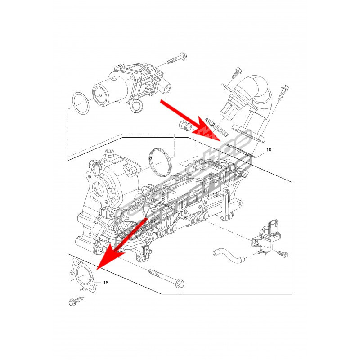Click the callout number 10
pyautogui.click(x=269, y=150)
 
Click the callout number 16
pyautogui.click(x=106, y=283)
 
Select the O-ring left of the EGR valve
pyautogui.click(x=81, y=103)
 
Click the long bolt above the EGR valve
pyautogui.click(x=176, y=58)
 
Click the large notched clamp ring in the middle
pyautogui.click(x=161, y=162)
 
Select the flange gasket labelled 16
pyautogui.click(x=83, y=275)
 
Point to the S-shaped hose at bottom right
pyautogui.click(x=229, y=256)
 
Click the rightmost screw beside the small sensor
pyautogui.click(x=283, y=254)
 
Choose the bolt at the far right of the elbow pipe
pyautogui.click(x=283, y=93)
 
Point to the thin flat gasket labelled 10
pyautogui.click(x=240, y=151)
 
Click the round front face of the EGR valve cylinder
pyautogui.click(x=100, y=95)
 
